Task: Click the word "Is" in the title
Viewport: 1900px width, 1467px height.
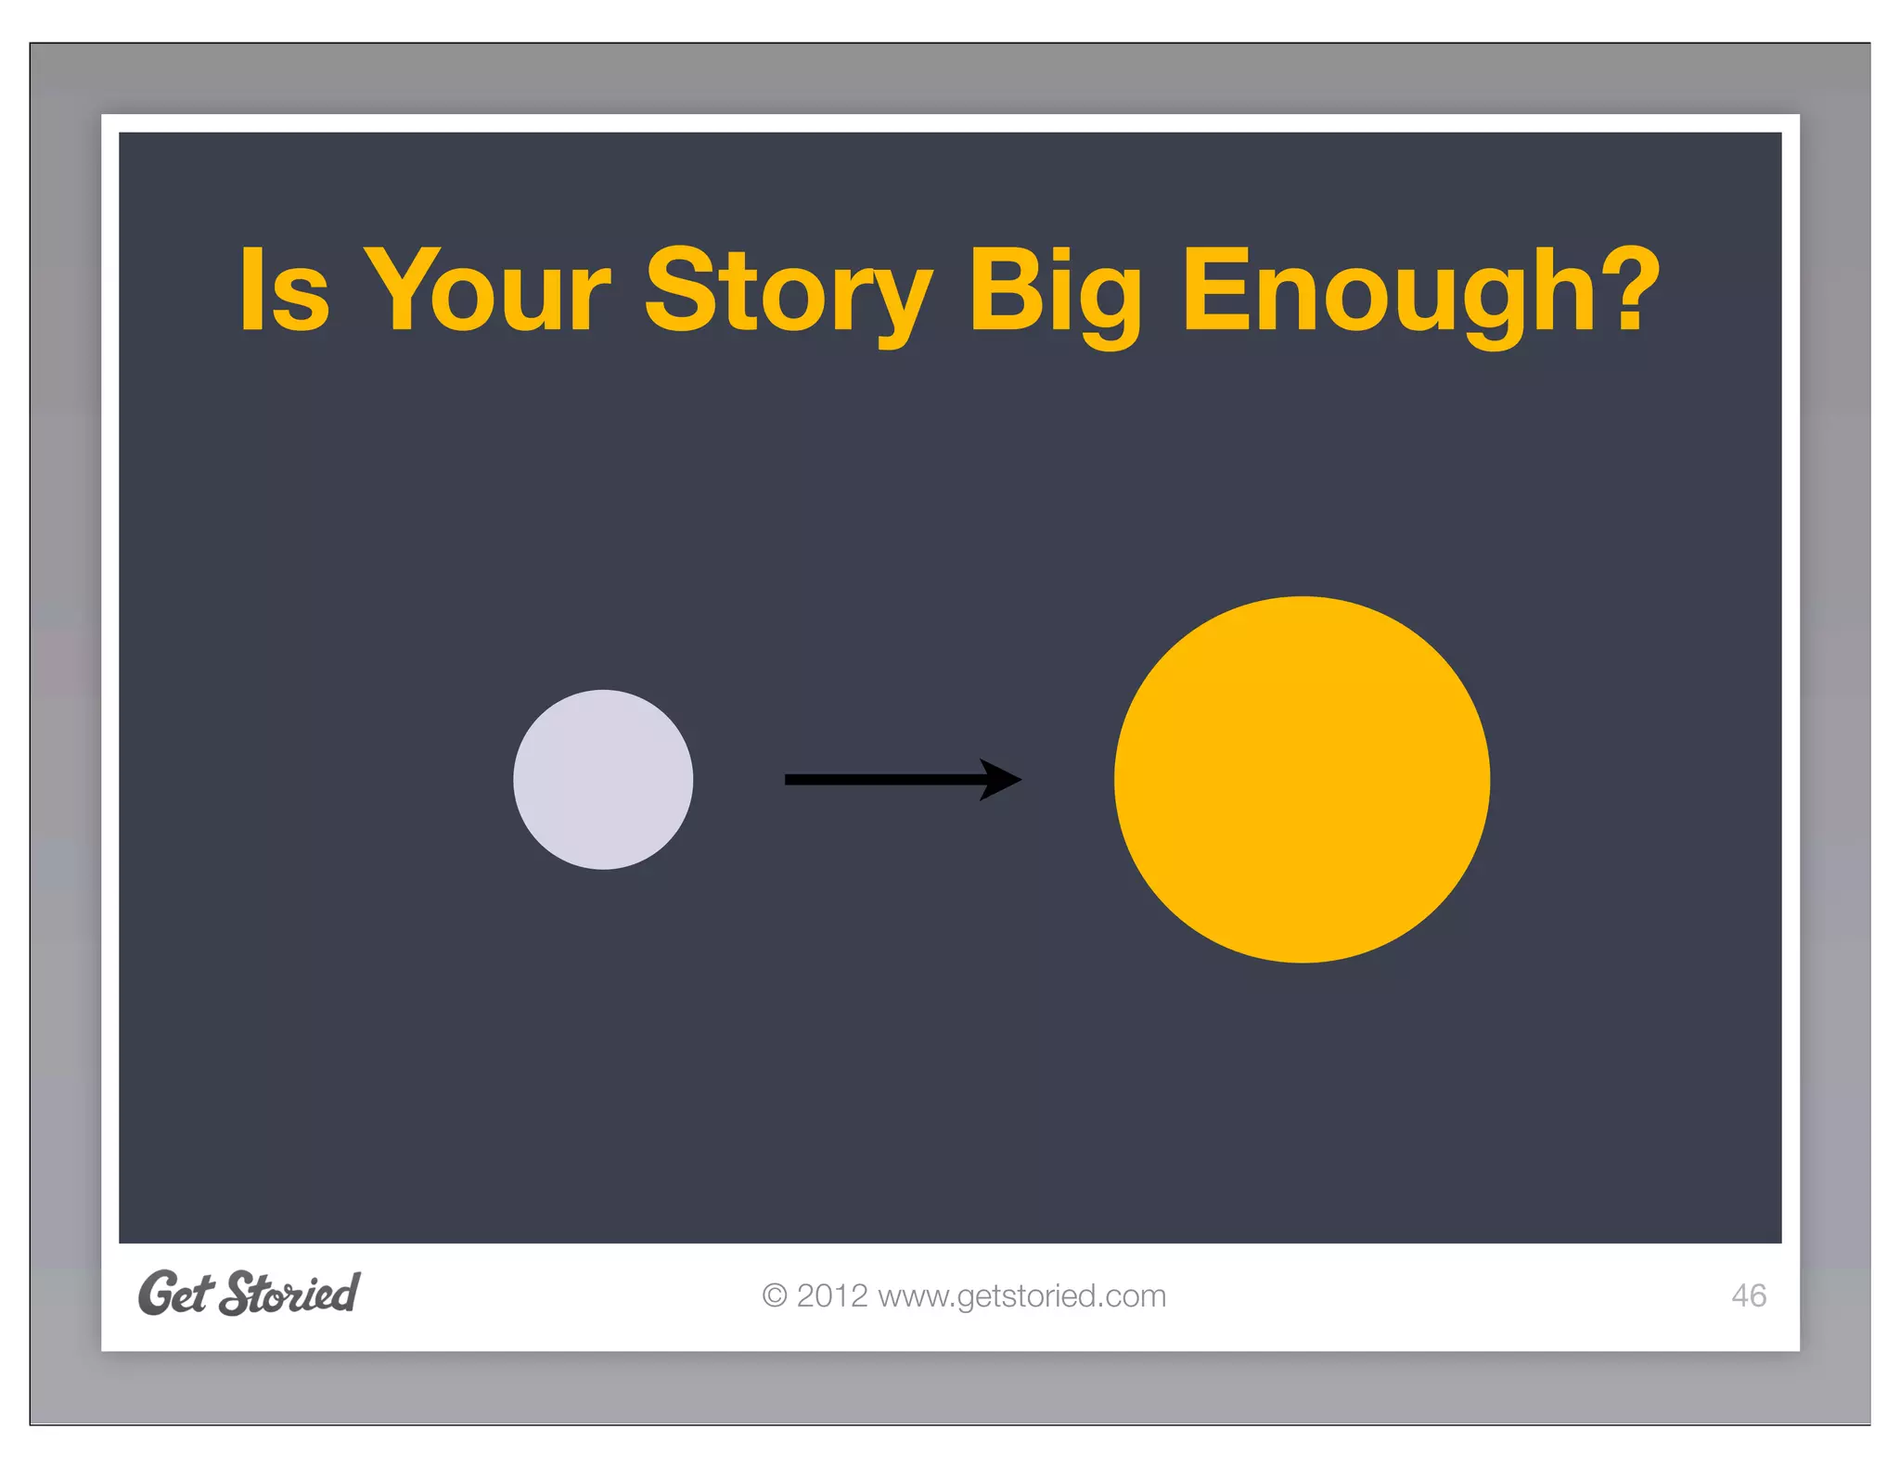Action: (285, 289)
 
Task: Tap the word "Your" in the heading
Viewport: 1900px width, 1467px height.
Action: (488, 289)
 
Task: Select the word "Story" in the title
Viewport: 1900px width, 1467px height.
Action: (788, 292)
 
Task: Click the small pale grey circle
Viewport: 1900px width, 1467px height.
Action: (603, 779)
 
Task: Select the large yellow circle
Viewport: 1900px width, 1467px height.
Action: (1302, 779)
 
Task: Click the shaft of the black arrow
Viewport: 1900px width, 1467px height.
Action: (881, 779)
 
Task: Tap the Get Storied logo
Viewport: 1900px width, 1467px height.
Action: (249, 1293)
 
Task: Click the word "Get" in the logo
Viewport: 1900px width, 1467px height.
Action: (175, 1294)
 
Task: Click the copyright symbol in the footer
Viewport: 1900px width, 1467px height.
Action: (774, 1295)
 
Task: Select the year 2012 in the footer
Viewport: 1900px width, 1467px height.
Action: (832, 1295)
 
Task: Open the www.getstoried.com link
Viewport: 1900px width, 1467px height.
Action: (1021, 1295)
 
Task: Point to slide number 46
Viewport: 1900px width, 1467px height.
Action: (1749, 1295)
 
